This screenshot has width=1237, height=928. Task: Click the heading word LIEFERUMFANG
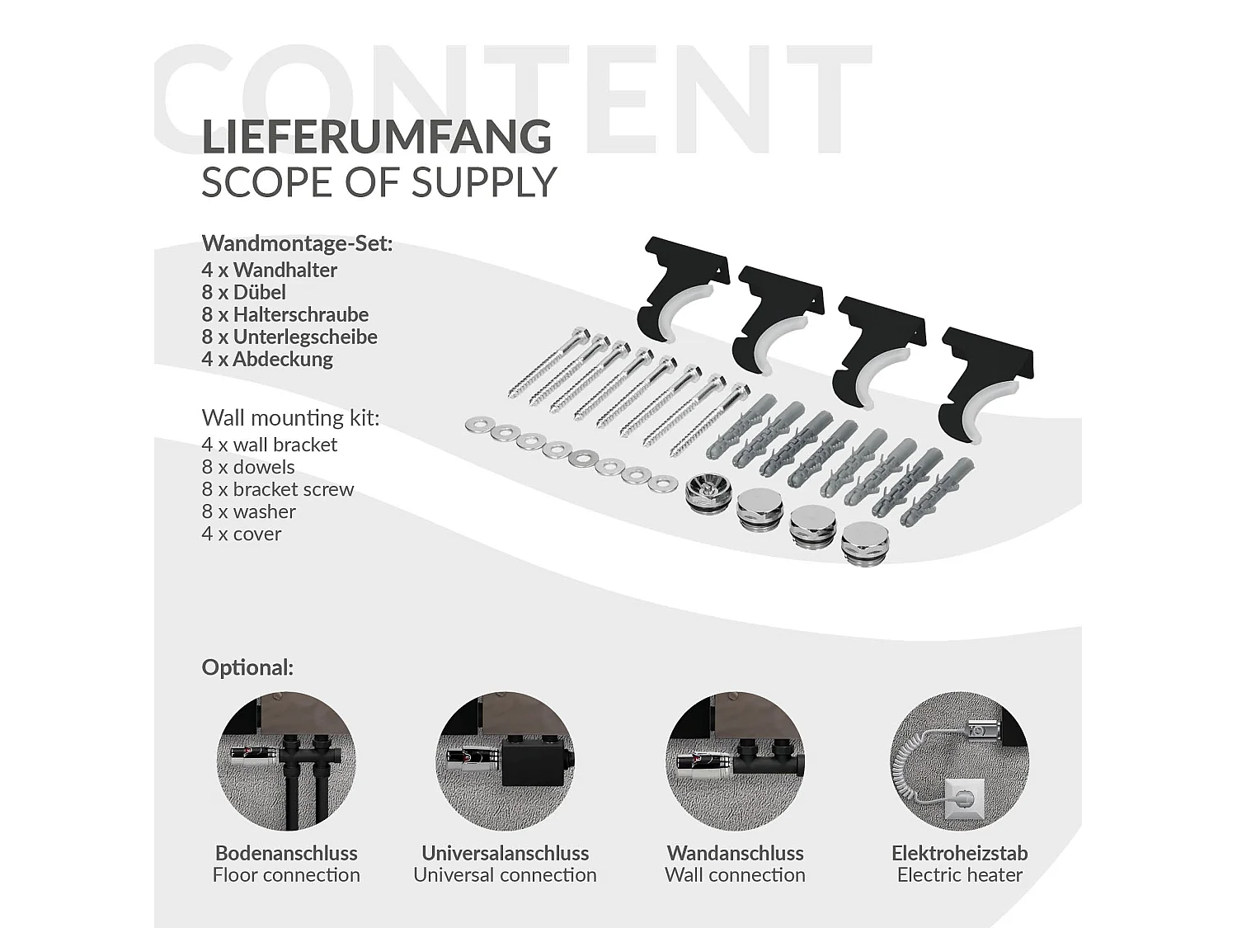376,136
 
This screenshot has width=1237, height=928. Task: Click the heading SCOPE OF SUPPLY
379,182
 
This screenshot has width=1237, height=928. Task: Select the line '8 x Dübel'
243,292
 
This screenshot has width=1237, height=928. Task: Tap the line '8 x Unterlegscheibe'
289,337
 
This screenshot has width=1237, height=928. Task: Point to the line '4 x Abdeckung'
267,359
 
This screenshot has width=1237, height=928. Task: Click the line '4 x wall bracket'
270,445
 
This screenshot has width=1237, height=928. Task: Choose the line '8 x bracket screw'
278,489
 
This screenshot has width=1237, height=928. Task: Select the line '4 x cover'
241,534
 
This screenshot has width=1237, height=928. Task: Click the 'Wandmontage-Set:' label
297,243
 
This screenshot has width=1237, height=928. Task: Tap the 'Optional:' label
247,667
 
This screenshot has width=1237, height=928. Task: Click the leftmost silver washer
478,426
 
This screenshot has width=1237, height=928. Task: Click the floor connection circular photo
286,761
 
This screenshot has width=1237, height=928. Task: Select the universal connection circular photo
505,761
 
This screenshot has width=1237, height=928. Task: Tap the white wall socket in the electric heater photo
965,798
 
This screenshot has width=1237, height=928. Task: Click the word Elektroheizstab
960,853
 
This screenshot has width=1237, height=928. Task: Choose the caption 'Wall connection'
735,875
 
